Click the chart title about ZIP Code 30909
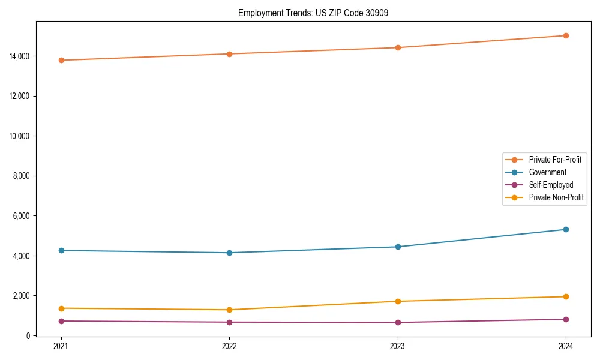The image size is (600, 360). tap(313, 13)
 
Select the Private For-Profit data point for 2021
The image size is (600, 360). tap(61, 60)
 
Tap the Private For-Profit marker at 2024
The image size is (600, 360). tap(566, 35)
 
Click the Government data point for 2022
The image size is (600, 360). tap(229, 253)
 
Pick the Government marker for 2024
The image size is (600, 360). tap(566, 229)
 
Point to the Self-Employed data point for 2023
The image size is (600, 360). tap(398, 322)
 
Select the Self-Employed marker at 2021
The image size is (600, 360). tap(61, 321)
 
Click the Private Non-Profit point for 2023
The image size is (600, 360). tap(398, 301)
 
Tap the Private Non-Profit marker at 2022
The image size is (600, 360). tap(229, 310)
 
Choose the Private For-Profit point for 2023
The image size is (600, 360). tap(398, 47)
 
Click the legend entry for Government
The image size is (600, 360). tap(547, 172)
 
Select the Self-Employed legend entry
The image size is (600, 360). tap(551, 185)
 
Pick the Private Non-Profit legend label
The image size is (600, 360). tap(556, 197)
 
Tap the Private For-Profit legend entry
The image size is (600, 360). tap(555, 160)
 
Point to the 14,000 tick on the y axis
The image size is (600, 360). tap(20, 56)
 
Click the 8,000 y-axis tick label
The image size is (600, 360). tap(22, 176)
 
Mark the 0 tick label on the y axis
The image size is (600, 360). tap(28, 336)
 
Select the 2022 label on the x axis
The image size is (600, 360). tap(229, 346)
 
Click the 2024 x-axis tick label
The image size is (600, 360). tap(566, 346)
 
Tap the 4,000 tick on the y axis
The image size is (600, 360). tap(22, 256)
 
